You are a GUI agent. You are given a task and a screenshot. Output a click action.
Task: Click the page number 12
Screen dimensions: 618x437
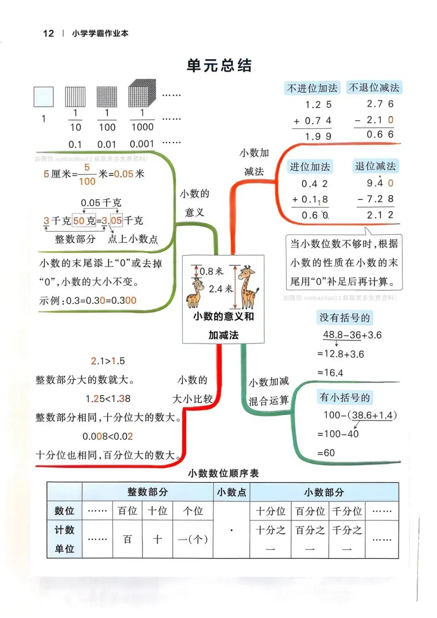48,33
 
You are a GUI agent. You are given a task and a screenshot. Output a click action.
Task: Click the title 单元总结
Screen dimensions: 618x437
219,66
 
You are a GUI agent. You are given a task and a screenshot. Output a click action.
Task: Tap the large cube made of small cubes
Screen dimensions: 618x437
142,93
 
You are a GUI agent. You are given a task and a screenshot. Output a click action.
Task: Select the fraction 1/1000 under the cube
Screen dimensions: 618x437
142,120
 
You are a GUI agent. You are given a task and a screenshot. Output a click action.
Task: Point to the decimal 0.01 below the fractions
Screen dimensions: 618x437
106,144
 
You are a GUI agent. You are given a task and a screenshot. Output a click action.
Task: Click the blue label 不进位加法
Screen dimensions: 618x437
312,88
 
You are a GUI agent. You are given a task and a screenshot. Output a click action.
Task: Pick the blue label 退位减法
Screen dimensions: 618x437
375,166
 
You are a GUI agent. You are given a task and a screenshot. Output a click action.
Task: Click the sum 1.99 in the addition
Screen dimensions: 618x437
318,137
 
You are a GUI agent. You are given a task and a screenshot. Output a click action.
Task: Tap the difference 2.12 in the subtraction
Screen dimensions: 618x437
380,215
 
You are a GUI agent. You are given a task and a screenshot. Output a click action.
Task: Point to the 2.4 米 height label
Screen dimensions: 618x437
221,289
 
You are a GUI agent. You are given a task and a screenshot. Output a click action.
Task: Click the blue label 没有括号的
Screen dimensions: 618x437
345,318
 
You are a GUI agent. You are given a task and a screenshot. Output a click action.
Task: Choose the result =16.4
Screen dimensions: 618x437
330,373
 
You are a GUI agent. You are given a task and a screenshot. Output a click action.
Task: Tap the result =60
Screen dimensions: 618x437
326,453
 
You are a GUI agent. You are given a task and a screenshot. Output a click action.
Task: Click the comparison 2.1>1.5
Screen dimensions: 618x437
108,361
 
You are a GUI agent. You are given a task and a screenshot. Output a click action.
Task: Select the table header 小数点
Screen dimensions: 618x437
231,492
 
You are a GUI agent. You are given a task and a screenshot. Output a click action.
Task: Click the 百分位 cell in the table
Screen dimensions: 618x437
310,511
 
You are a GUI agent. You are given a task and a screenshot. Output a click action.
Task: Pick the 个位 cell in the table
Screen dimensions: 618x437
193,511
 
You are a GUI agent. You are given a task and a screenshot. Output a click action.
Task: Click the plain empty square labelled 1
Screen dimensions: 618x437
44,97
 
